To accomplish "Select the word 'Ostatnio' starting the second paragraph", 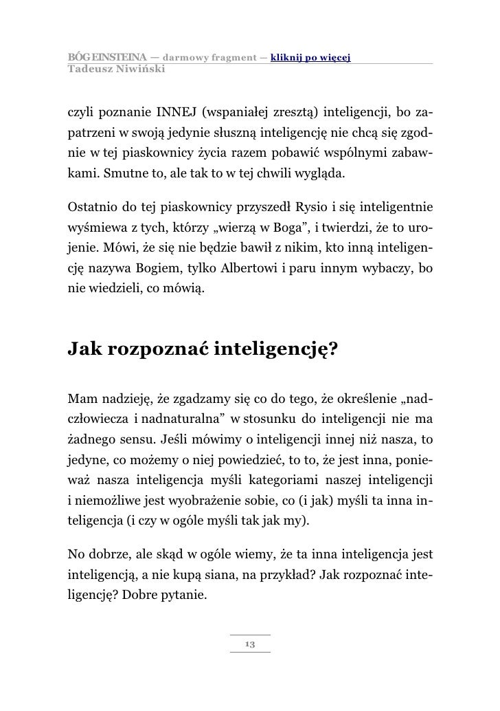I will (90, 206).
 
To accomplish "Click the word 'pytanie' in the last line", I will (181, 592).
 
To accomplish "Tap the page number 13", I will (250, 644).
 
